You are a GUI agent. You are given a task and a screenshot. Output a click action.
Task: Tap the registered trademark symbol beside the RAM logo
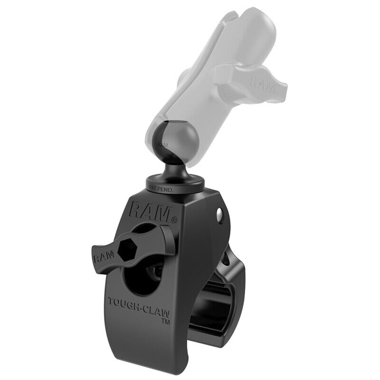tap(174, 219)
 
